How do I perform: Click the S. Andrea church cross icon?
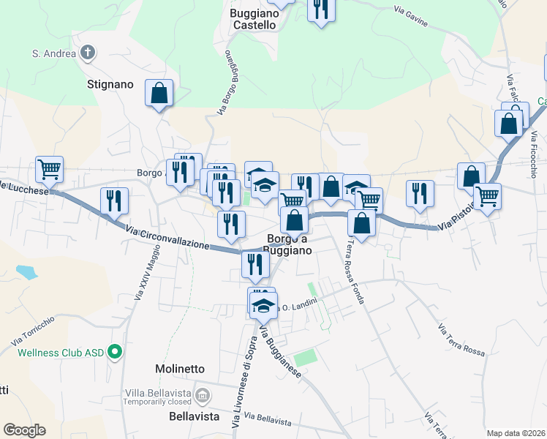coord(87,53)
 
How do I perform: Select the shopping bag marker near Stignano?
coord(159,94)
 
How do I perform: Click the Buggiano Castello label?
coord(254,19)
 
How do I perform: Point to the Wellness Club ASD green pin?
coord(114,353)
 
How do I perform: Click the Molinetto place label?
coord(180,369)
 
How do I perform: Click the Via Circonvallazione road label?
coord(167,238)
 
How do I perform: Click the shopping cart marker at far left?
coord(50,170)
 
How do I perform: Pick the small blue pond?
coord(26,273)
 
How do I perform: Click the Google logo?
coord(24,430)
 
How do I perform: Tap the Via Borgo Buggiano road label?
coord(230,83)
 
